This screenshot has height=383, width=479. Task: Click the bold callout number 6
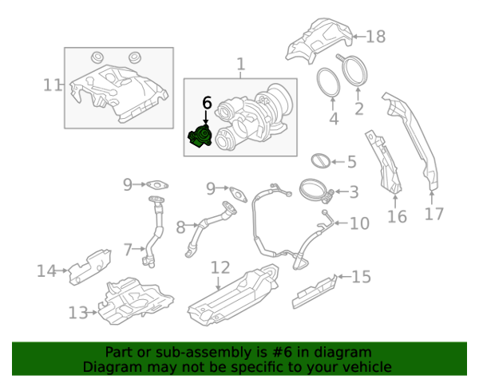pyautogui.click(x=207, y=103)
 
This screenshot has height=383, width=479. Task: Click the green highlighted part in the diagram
pyautogui.click(x=199, y=137)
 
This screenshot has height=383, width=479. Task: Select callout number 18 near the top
pyautogui.click(x=375, y=36)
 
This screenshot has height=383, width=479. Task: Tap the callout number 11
pyautogui.click(x=52, y=85)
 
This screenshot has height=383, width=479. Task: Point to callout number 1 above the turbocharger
pyautogui.click(x=240, y=64)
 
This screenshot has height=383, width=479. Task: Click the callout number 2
pyautogui.click(x=359, y=109)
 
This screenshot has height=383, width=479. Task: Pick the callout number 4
pyautogui.click(x=334, y=120)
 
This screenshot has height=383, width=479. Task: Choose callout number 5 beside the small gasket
pyautogui.click(x=351, y=162)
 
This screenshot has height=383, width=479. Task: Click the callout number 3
pyautogui.click(x=353, y=191)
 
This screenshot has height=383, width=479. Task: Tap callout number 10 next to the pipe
pyautogui.click(x=359, y=223)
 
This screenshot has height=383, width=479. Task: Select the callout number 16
pyautogui.click(x=397, y=216)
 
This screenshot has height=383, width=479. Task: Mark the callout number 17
pyautogui.click(x=433, y=214)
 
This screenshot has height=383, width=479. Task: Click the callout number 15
pyautogui.click(x=362, y=277)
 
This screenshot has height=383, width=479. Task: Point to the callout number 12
pyautogui.click(x=220, y=267)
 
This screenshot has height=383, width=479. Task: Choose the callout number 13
pyautogui.click(x=77, y=313)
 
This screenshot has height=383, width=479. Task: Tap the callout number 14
pyautogui.click(x=46, y=271)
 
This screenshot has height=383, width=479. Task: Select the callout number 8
pyautogui.click(x=180, y=227)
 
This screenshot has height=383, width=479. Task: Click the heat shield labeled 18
pyautogui.click(x=319, y=40)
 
